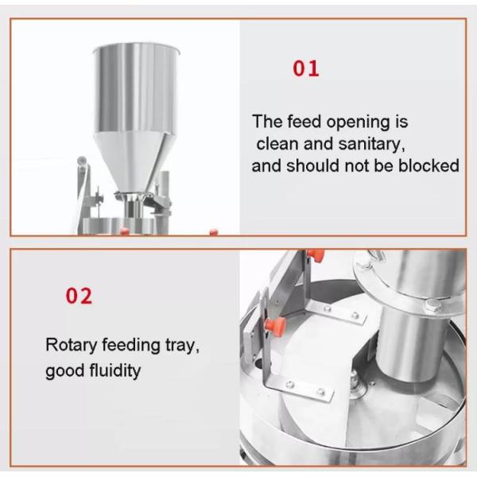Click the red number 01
(x=306, y=68)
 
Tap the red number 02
(x=79, y=296)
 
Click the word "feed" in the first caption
(x=304, y=121)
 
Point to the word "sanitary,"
(x=371, y=144)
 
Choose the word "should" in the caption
(x=312, y=165)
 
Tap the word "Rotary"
(x=72, y=346)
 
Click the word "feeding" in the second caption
(x=131, y=346)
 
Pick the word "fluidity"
(x=114, y=370)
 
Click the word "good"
(x=65, y=371)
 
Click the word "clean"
(x=277, y=144)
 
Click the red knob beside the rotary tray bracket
(x=275, y=326)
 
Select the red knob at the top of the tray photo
(x=316, y=255)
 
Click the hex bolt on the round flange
(x=431, y=305)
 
